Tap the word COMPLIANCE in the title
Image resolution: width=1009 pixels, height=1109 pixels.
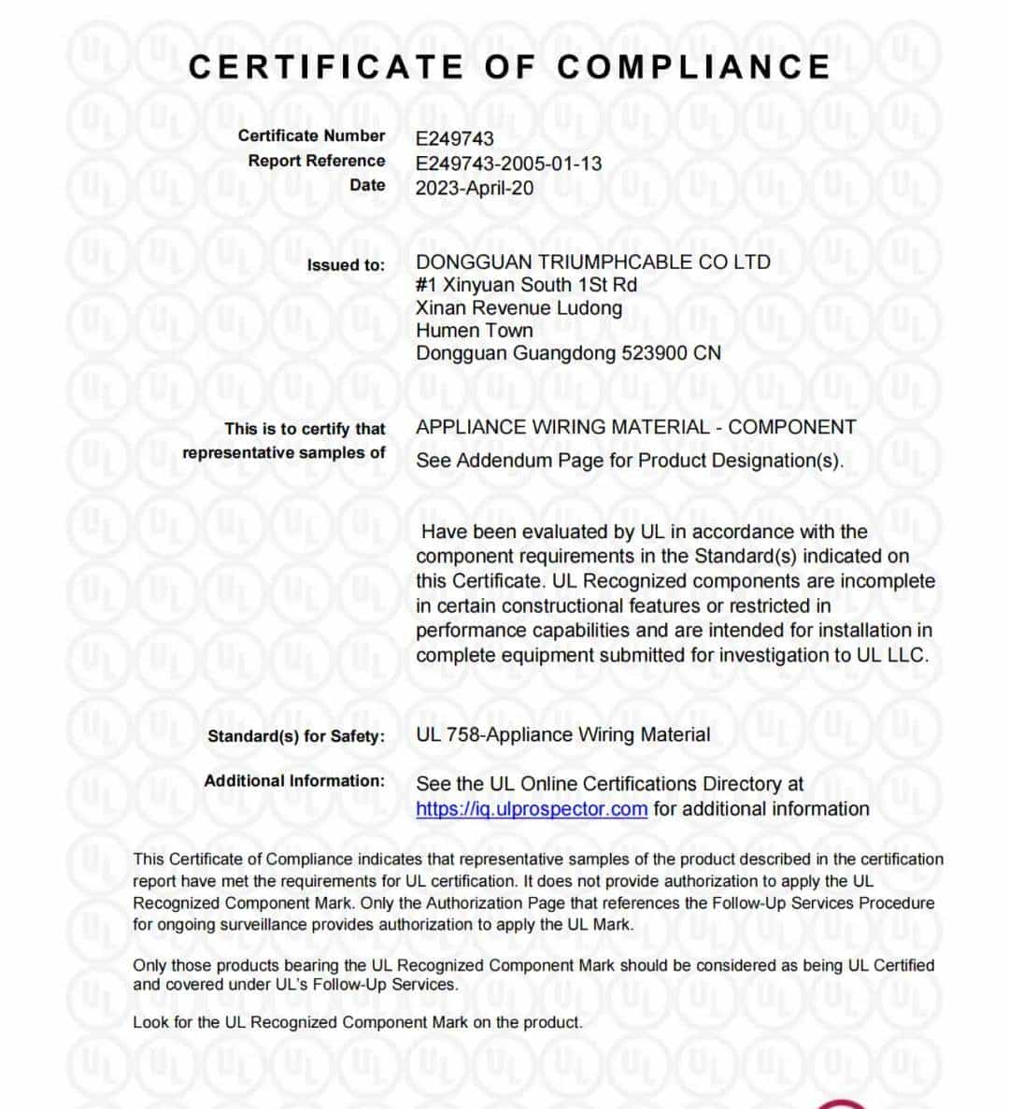(693, 67)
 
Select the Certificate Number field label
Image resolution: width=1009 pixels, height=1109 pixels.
(311, 136)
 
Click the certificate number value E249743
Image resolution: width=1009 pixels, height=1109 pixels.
(455, 139)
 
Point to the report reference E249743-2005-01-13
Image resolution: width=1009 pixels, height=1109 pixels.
(508, 164)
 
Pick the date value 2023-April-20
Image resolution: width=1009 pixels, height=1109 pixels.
(475, 188)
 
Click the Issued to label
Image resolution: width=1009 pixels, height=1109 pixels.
(345, 265)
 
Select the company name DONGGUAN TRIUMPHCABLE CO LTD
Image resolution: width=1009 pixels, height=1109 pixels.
(593, 263)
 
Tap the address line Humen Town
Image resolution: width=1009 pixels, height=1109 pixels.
(475, 331)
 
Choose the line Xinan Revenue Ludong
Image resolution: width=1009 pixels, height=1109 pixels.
(519, 308)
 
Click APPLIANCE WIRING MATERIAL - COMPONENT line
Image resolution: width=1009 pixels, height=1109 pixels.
(635, 428)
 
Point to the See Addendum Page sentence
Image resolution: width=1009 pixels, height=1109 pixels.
(630, 461)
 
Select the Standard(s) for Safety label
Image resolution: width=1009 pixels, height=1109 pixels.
(295, 736)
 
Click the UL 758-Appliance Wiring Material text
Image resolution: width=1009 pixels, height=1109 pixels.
(562, 735)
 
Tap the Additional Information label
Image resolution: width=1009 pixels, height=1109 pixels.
(294, 781)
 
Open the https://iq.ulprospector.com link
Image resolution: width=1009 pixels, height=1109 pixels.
(531, 809)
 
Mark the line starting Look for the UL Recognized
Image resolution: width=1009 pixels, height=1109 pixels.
(357, 1023)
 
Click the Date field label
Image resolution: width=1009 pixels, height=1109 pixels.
(367, 185)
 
